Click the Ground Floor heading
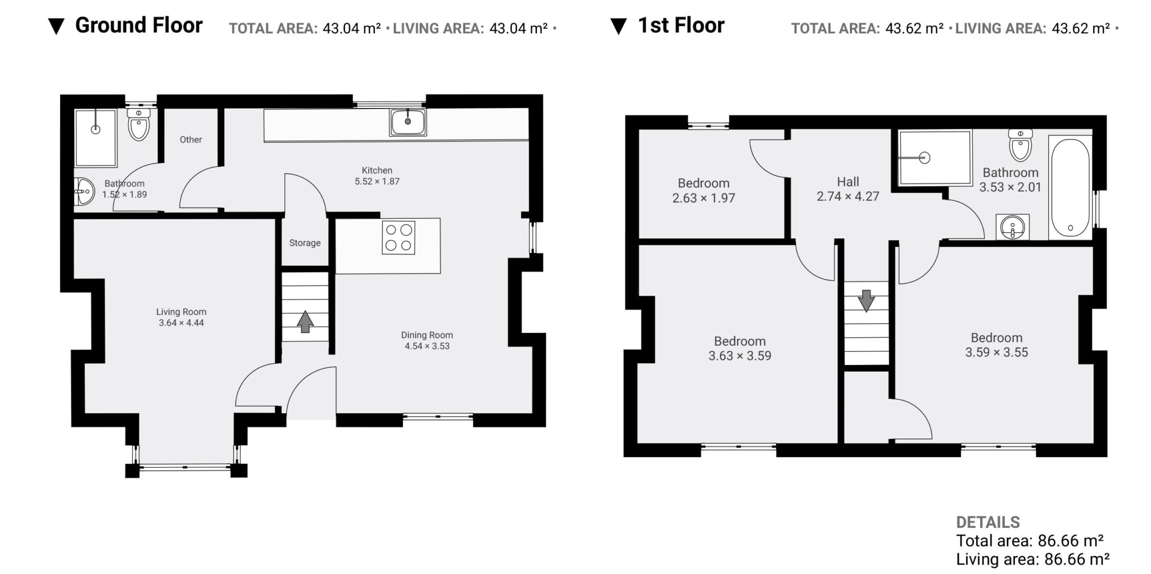pos(138,25)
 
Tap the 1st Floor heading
pos(681,25)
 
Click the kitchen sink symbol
pos(408,122)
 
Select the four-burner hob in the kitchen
pos(398,237)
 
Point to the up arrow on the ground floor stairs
pos(305,322)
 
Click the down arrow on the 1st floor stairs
pos(866,301)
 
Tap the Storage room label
pos(305,243)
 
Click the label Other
pos(191,139)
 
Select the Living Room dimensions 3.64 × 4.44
pos(182,323)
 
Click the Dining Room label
pos(427,335)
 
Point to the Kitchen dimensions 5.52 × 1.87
pos(377,182)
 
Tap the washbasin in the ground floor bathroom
pos(85,192)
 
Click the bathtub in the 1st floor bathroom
pos(1070,187)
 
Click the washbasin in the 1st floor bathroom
pos(1013,227)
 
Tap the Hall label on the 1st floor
pos(848,182)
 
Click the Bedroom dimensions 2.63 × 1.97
pos(704,198)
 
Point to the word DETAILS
pos(988,522)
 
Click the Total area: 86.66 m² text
pos(1030,541)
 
